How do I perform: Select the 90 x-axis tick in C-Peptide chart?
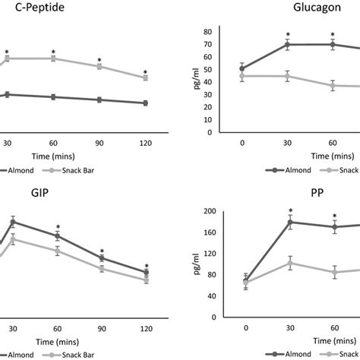pos(99,143)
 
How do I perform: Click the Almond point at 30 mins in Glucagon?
pos(288,45)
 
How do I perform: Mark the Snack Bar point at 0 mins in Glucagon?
pos(242,76)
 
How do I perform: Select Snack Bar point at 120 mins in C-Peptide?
pos(146,77)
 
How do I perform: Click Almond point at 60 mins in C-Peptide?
pos(53,97)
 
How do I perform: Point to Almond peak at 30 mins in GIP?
pos(12,222)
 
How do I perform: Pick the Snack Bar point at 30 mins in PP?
pos(288,263)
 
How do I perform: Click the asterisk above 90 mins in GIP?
pos(103,251)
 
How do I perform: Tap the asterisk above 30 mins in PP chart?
pos(288,211)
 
